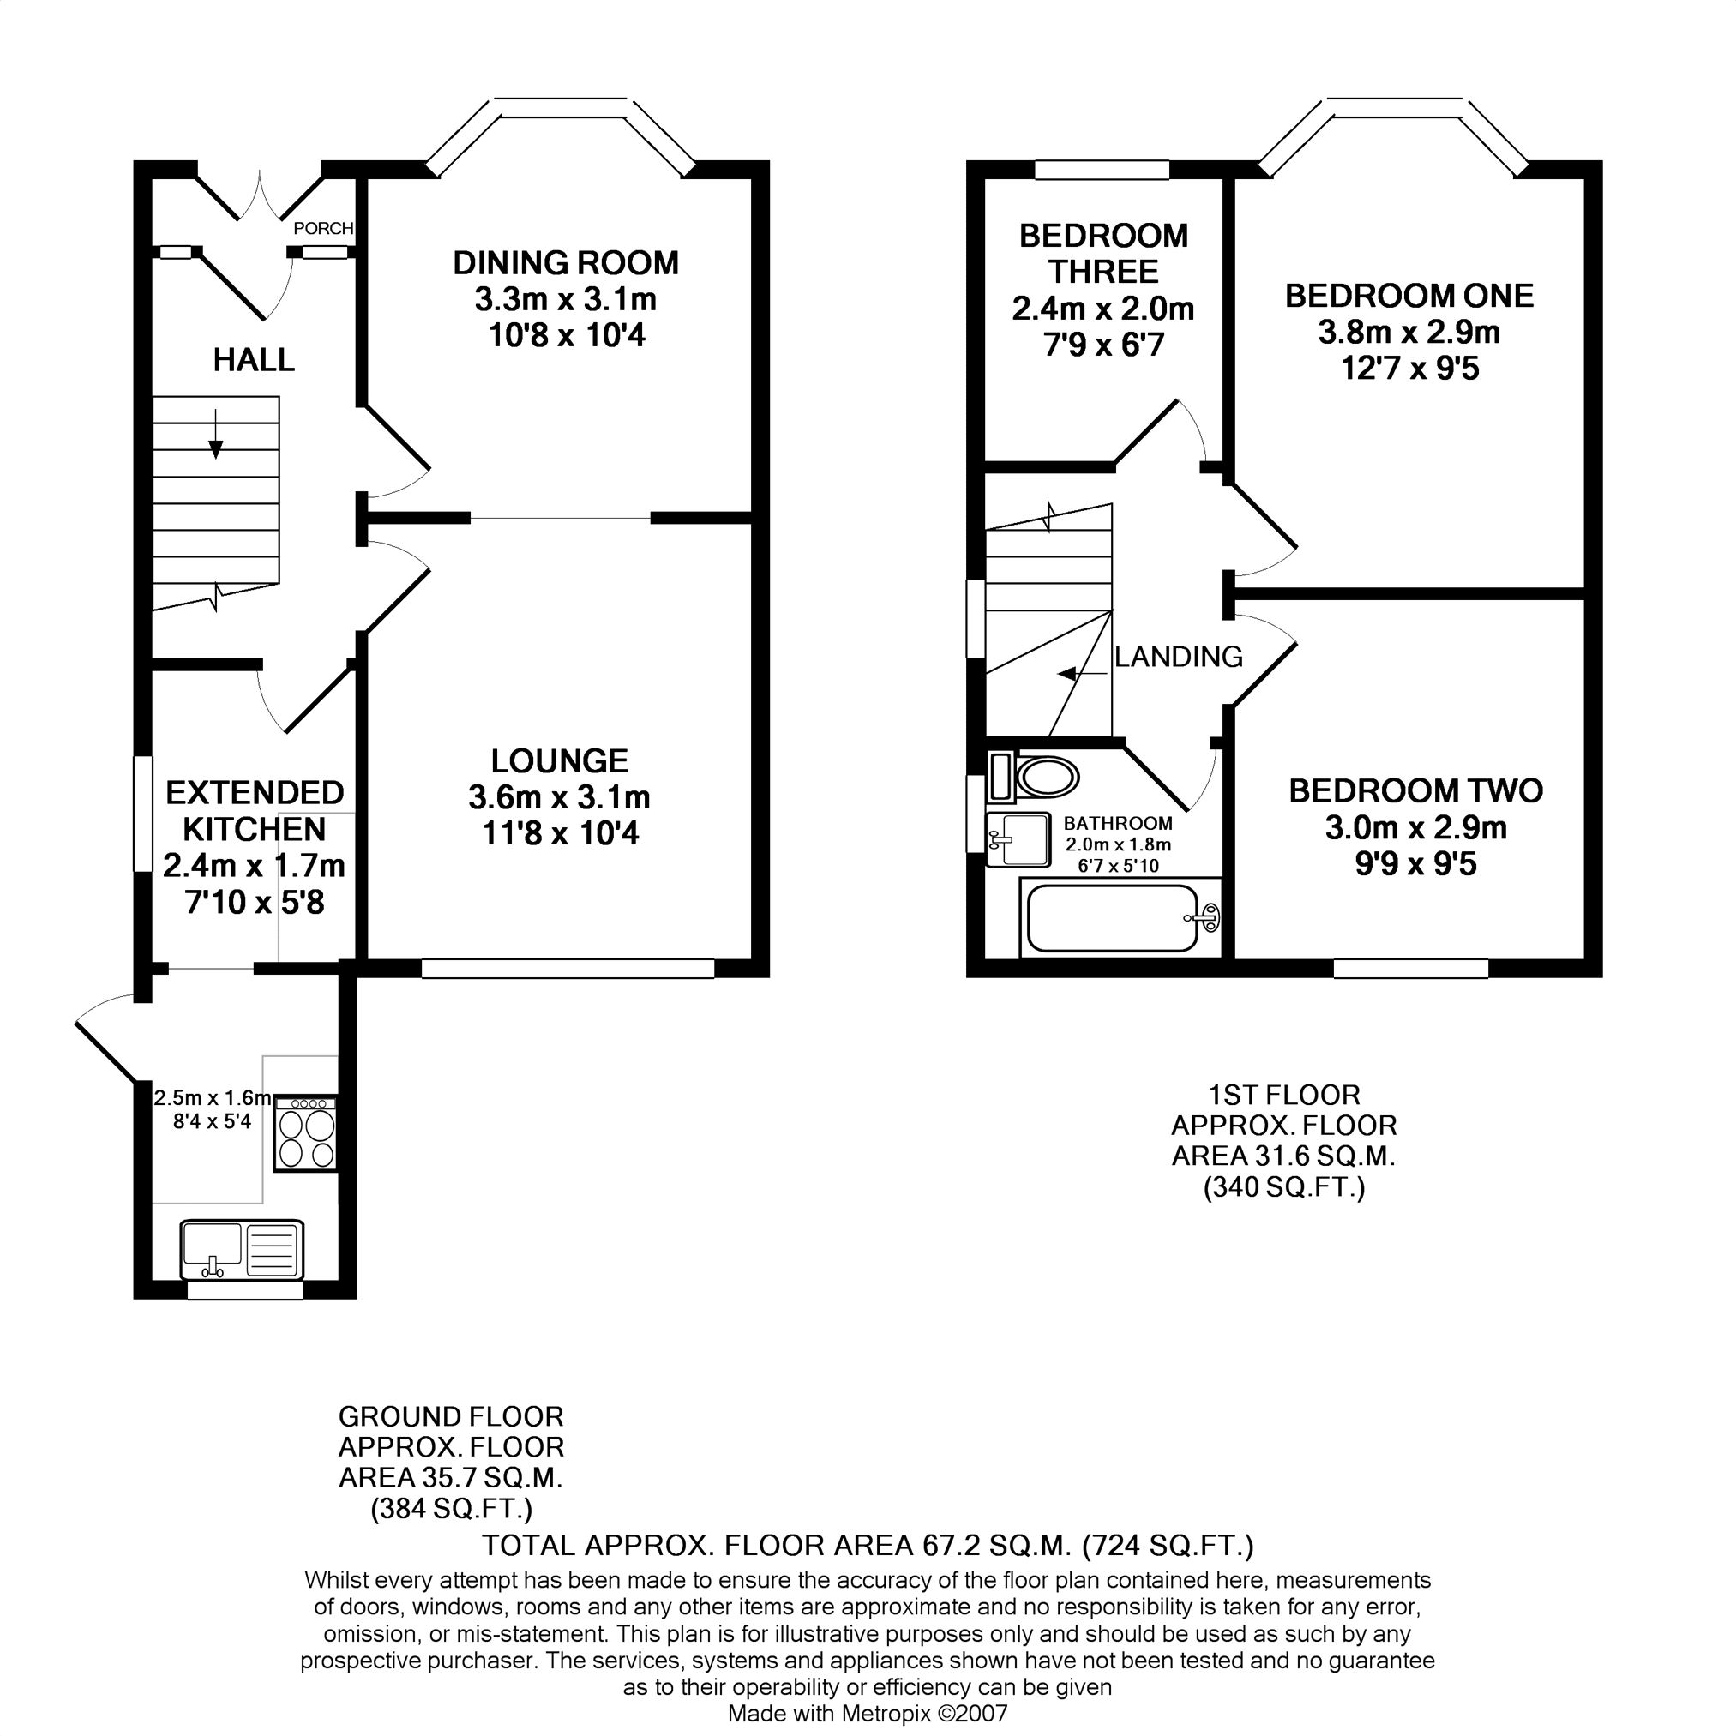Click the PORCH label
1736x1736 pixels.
tap(323, 228)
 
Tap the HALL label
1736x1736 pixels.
tap(254, 360)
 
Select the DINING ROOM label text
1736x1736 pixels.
tap(566, 263)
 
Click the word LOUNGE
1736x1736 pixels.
tap(559, 761)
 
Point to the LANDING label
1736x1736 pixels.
tap(1179, 657)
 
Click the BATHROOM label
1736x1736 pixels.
tap(1118, 823)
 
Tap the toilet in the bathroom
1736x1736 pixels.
tap(1034, 778)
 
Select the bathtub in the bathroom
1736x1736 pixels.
tap(1120, 917)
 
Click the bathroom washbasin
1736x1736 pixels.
tap(1018, 839)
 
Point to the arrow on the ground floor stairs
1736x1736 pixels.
tap(216, 434)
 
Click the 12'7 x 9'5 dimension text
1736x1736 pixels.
tap(1410, 369)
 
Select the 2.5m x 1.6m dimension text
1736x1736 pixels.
tap(212, 1098)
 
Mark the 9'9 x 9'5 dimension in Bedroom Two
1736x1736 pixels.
tap(1416, 865)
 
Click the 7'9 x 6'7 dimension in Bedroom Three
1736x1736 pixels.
tap(1104, 345)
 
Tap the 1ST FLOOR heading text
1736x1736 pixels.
tap(1284, 1096)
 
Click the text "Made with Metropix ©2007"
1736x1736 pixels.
tap(868, 1714)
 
